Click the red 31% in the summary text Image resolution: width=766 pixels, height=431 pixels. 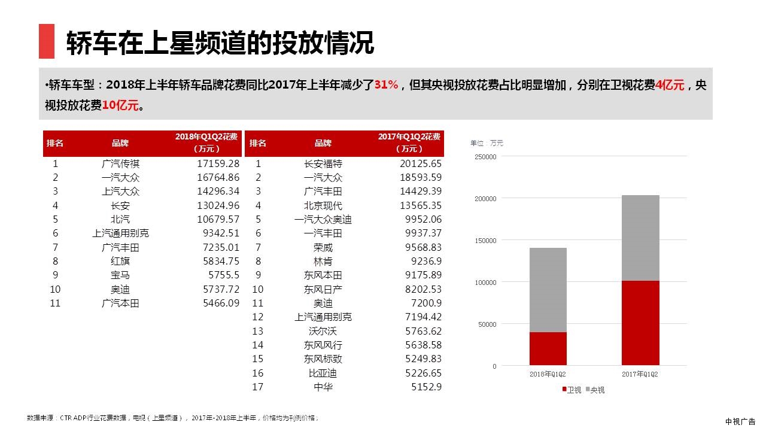coord(386,85)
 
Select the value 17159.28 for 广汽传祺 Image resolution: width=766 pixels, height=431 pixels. coord(218,163)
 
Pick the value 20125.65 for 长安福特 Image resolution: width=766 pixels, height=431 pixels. coord(420,163)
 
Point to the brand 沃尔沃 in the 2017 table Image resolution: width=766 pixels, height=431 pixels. coord(323,331)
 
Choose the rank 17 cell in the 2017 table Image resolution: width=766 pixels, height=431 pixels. coord(258,387)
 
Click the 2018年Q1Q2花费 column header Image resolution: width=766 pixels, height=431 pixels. coord(207,142)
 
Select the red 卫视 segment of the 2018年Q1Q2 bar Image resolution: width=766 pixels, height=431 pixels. coord(548,348)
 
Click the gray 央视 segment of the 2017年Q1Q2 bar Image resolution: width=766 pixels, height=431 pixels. coord(640,238)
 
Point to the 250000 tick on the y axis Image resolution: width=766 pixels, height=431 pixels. coord(485,157)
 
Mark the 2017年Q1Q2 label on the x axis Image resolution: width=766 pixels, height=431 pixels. coord(640,374)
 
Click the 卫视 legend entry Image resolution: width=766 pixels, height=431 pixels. coord(572,390)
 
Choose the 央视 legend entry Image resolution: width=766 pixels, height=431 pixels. coord(595,390)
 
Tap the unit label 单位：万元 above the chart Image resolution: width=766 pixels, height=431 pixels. coord(487,143)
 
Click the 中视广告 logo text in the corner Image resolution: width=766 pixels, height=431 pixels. coord(740,421)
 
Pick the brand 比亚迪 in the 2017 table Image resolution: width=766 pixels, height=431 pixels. coord(323,373)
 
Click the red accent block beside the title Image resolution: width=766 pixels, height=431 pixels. coord(47,41)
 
